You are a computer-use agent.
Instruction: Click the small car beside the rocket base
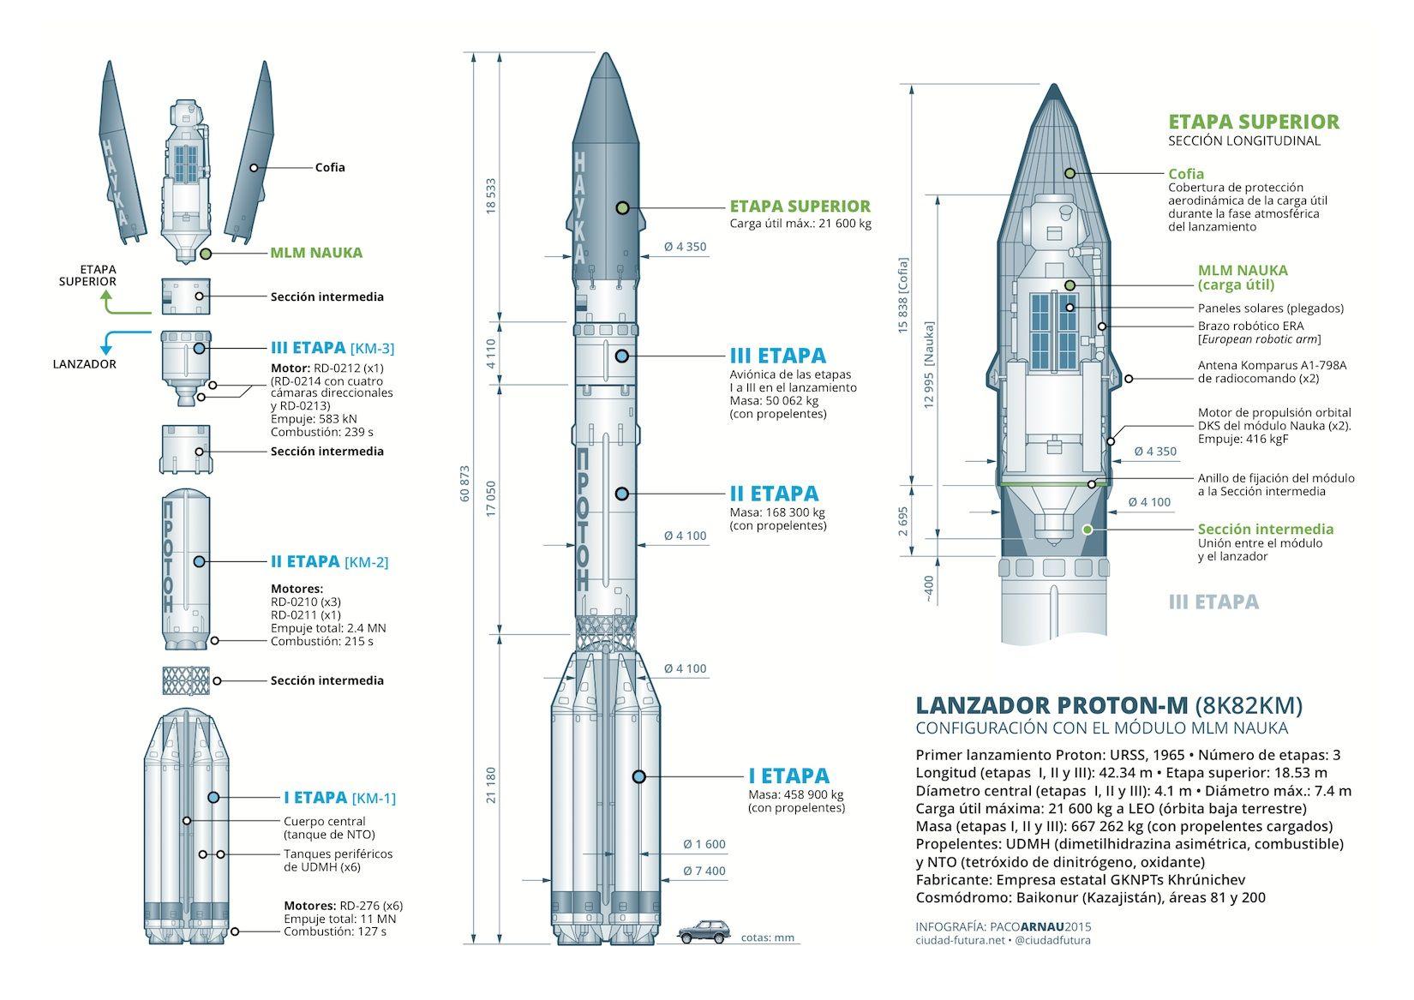[704, 931]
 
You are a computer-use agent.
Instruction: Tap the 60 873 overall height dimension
[465, 484]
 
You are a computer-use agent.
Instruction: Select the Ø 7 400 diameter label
[704, 871]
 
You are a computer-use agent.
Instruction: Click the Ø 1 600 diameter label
[704, 844]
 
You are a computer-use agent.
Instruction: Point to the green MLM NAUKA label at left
[316, 253]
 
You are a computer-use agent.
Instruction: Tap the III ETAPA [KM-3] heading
[332, 348]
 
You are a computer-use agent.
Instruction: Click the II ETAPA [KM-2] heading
[330, 561]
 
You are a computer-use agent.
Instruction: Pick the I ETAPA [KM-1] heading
[339, 798]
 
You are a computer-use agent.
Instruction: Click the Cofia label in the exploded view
[330, 167]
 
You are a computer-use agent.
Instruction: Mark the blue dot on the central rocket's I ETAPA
[638, 776]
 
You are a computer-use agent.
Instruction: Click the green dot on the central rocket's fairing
[622, 207]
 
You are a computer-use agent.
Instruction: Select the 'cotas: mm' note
[768, 937]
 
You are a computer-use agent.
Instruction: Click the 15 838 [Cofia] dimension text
[903, 295]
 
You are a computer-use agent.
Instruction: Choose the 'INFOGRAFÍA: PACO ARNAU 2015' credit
[1003, 927]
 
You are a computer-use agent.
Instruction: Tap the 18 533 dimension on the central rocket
[491, 195]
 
